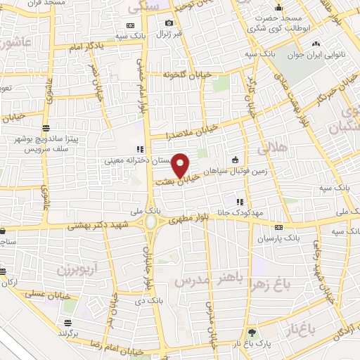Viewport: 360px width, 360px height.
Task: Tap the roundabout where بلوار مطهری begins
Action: (x=150, y=223)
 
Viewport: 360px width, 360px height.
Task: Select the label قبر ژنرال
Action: (x=169, y=34)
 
